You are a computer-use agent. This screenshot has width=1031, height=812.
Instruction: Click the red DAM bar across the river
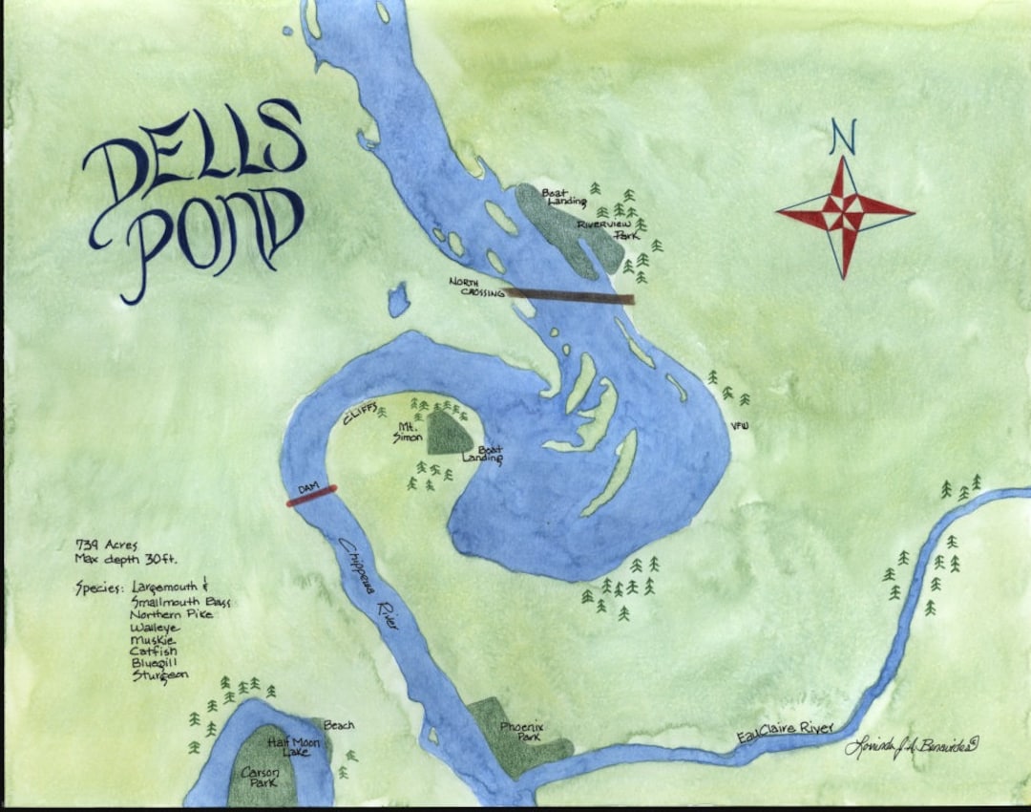(312, 495)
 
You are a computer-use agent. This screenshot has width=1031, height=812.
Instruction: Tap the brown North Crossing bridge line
(570, 296)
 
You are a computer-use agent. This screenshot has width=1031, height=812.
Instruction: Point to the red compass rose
(845, 213)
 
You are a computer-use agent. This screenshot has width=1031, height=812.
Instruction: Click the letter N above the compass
(842, 137)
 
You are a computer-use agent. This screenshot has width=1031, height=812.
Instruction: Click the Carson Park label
(258, 775)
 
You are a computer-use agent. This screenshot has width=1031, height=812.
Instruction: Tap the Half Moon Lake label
(290, 746)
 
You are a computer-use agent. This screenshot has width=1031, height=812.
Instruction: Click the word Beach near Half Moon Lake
(339, 725)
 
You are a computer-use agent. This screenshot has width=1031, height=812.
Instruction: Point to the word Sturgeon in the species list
(160, 674)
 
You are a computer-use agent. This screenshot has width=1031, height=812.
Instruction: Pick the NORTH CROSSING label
(475, 287)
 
